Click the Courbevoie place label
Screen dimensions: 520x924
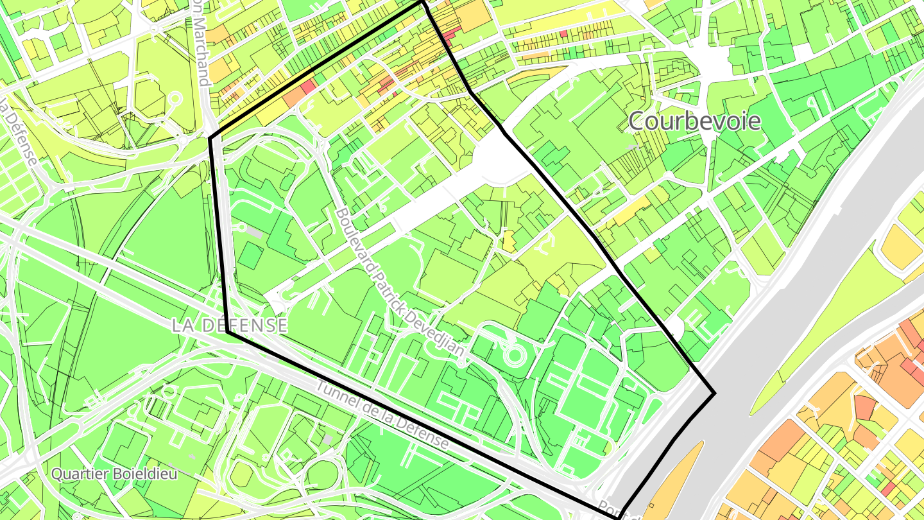click(x=694, y=121)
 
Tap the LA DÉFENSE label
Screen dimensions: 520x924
click(x=230, y=325)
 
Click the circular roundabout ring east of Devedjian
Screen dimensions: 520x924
click(x=513, y=354)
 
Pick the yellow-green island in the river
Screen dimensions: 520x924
click(x=809, y=334)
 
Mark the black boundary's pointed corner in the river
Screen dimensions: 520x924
click(x=714, y=392)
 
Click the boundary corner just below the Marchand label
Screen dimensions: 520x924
click(x=210, y=137)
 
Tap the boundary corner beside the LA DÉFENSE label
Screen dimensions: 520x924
click(x=227, y=333)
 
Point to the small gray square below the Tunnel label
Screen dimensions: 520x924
click(x=328, y=439)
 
